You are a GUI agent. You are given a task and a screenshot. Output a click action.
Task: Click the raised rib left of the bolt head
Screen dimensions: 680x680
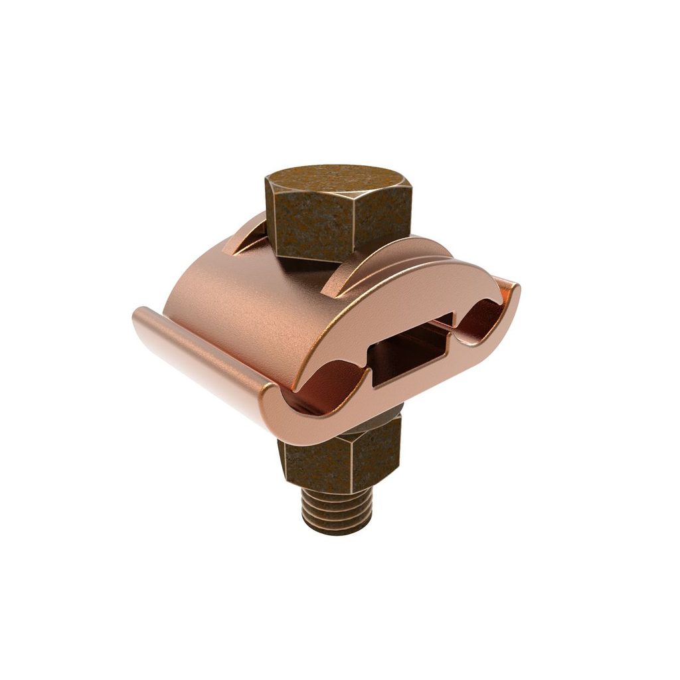click(x=243, y=239)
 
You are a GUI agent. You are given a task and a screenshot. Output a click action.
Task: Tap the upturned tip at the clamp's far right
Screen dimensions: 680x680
click(x=513, y=292)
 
